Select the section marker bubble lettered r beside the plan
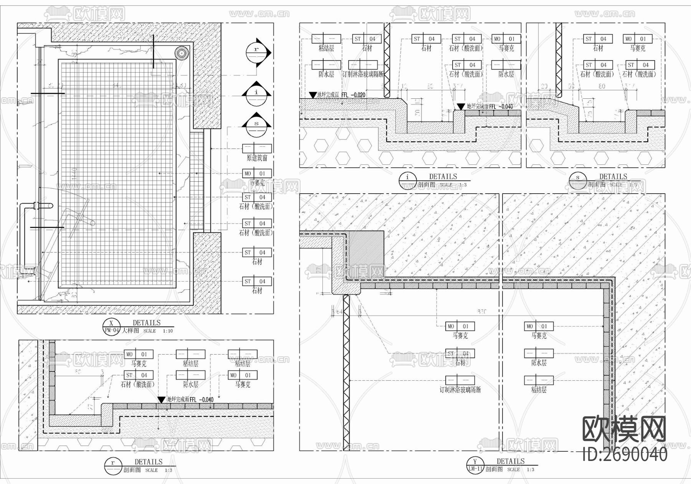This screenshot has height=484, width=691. click(256, 53)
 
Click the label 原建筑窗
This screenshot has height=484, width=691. click(257, 158)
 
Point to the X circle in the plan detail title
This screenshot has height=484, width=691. click(112, 323)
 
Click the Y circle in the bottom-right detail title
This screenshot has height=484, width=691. click(475, 462)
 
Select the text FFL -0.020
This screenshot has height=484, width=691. click(353, 95)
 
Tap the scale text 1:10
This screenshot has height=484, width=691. click(168, 331)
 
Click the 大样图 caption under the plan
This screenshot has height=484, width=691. click(130, 330)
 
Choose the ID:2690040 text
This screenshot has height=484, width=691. click(625, 455)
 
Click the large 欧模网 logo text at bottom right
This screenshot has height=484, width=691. click(624, 429)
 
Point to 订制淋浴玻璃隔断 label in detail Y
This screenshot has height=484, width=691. click(460, 390)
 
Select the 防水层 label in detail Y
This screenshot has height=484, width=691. click(539, 363)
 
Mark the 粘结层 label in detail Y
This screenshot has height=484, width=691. click(539, 390)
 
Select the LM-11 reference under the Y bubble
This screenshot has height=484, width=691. click(475, 469)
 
